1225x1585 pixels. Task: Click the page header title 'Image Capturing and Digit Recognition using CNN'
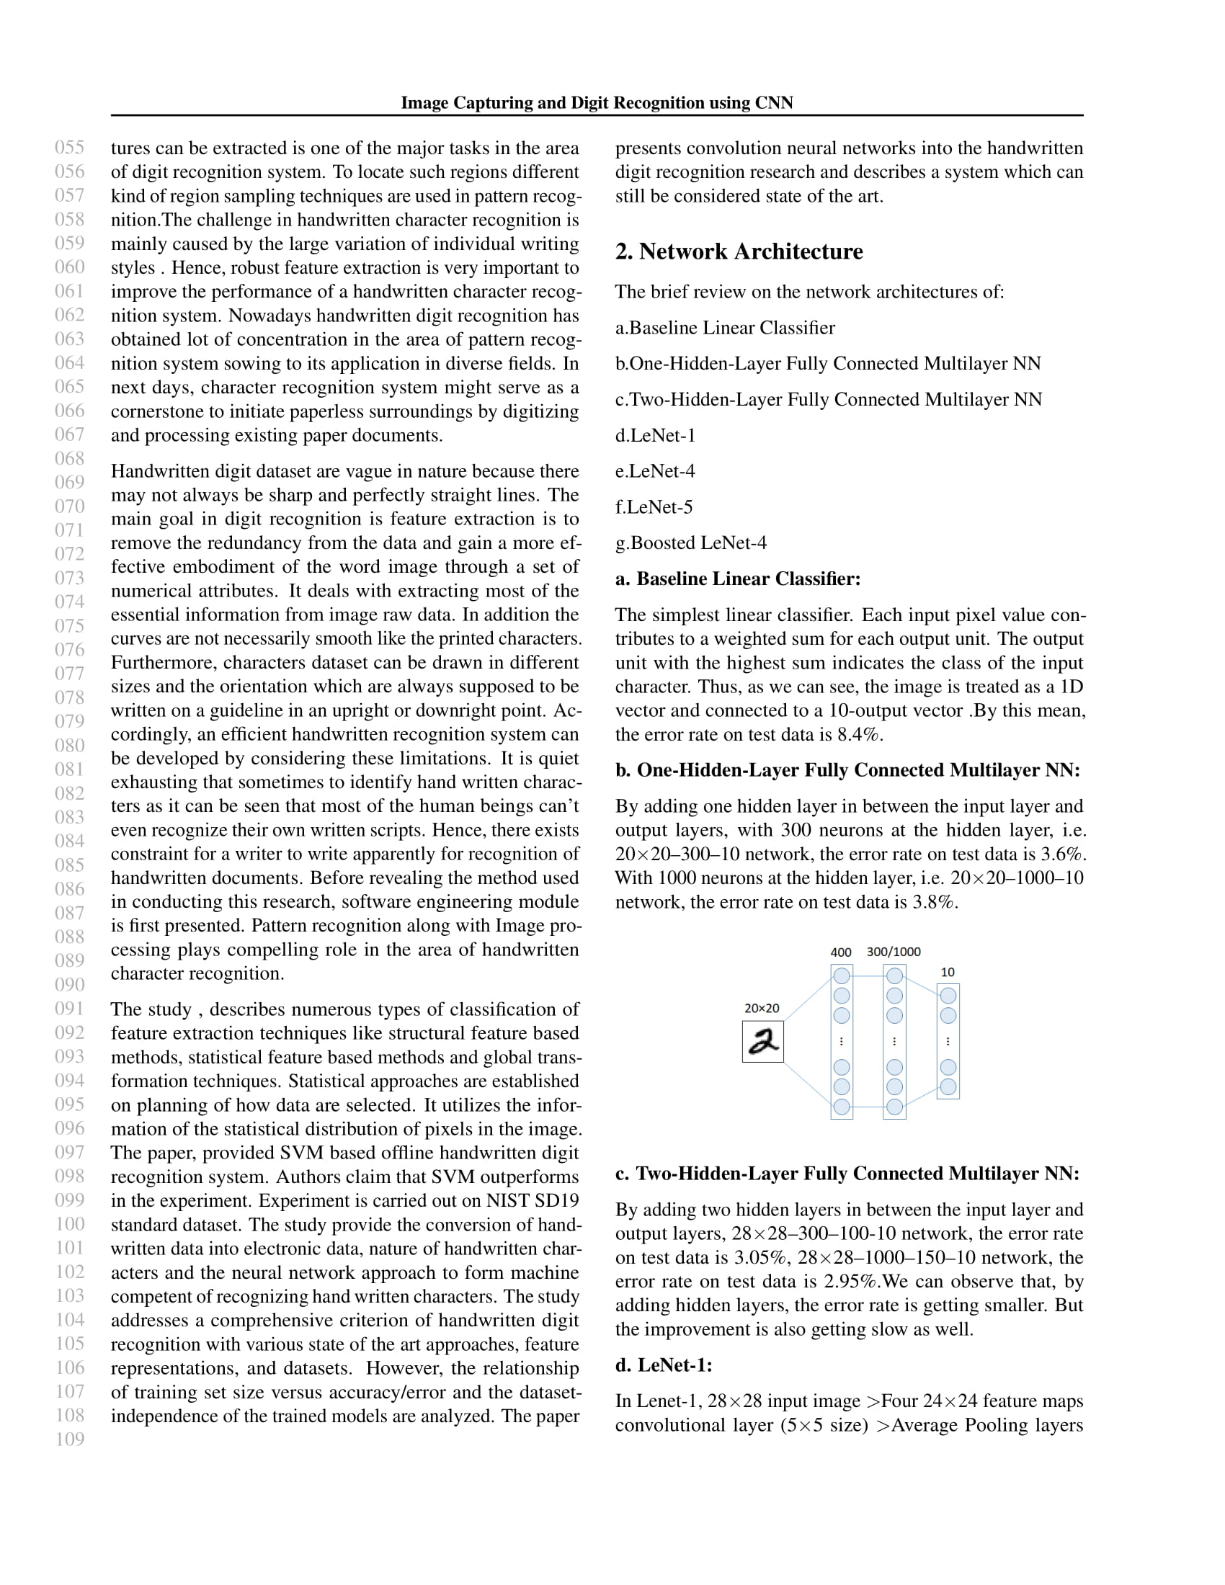597,103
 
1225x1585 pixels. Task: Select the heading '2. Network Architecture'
739,252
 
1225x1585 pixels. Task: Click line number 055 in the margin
70,147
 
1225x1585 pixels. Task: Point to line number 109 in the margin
70,1439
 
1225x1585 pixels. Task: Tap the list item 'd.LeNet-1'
654,435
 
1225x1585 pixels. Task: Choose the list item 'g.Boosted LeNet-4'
691,543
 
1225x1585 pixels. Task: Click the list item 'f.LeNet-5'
653,507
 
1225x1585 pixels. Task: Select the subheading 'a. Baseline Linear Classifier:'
737,579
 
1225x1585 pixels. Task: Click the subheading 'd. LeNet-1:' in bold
663,1365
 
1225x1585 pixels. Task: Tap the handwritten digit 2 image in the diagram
762,1042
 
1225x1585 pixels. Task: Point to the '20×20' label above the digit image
761,1008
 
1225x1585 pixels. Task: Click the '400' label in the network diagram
840,952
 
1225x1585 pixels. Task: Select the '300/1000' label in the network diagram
894,952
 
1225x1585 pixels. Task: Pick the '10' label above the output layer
947,972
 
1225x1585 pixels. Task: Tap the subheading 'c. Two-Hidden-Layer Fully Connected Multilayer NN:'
847,1174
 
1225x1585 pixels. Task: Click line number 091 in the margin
70,1009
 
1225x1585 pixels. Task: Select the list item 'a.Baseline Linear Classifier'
725,328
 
